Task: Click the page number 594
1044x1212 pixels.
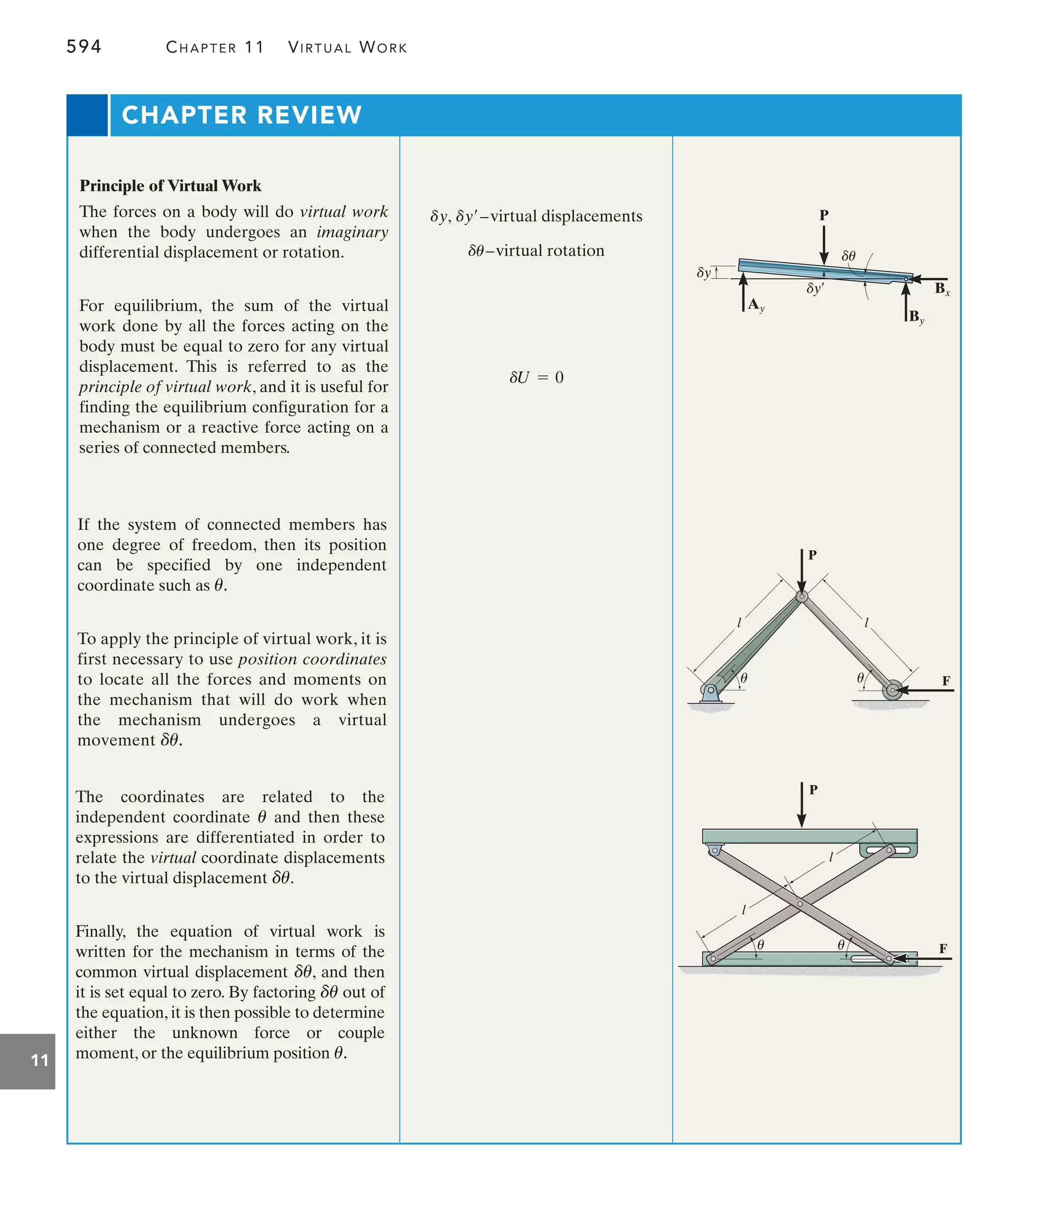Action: tap(84, 46)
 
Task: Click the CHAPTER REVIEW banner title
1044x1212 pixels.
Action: tap(242, 115)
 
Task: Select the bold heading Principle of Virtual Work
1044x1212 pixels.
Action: tap(170, 186)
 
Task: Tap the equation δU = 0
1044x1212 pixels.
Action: tap(536, 378)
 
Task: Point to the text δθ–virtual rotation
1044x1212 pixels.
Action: tap(536, 251)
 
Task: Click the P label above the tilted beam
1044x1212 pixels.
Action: tap(823, 215)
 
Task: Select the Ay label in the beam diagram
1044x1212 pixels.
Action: tap(755, 305)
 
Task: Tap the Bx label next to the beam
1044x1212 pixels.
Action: tap(942, 289)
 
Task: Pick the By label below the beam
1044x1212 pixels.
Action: tap(916, 318)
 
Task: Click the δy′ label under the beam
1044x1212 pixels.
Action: tap(815, 289)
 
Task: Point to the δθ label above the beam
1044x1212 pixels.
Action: tap(848, 256)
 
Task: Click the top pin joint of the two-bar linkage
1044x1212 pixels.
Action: tap(802, 597)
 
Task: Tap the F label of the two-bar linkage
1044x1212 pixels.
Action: tap(946, 681)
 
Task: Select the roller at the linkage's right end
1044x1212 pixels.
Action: tap(892, 690)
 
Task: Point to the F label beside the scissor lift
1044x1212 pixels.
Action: tap(943, 949)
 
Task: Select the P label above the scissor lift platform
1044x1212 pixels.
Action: tap(813, 790)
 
